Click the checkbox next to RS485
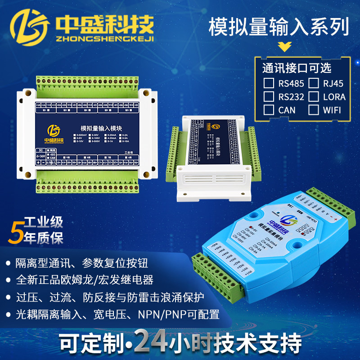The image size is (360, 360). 269,83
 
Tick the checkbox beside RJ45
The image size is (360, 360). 314,83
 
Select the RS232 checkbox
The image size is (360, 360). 269,96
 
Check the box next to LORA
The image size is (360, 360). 314,96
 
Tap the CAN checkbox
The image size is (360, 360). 269,109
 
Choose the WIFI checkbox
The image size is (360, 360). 314,109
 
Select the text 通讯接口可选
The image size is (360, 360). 297,68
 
